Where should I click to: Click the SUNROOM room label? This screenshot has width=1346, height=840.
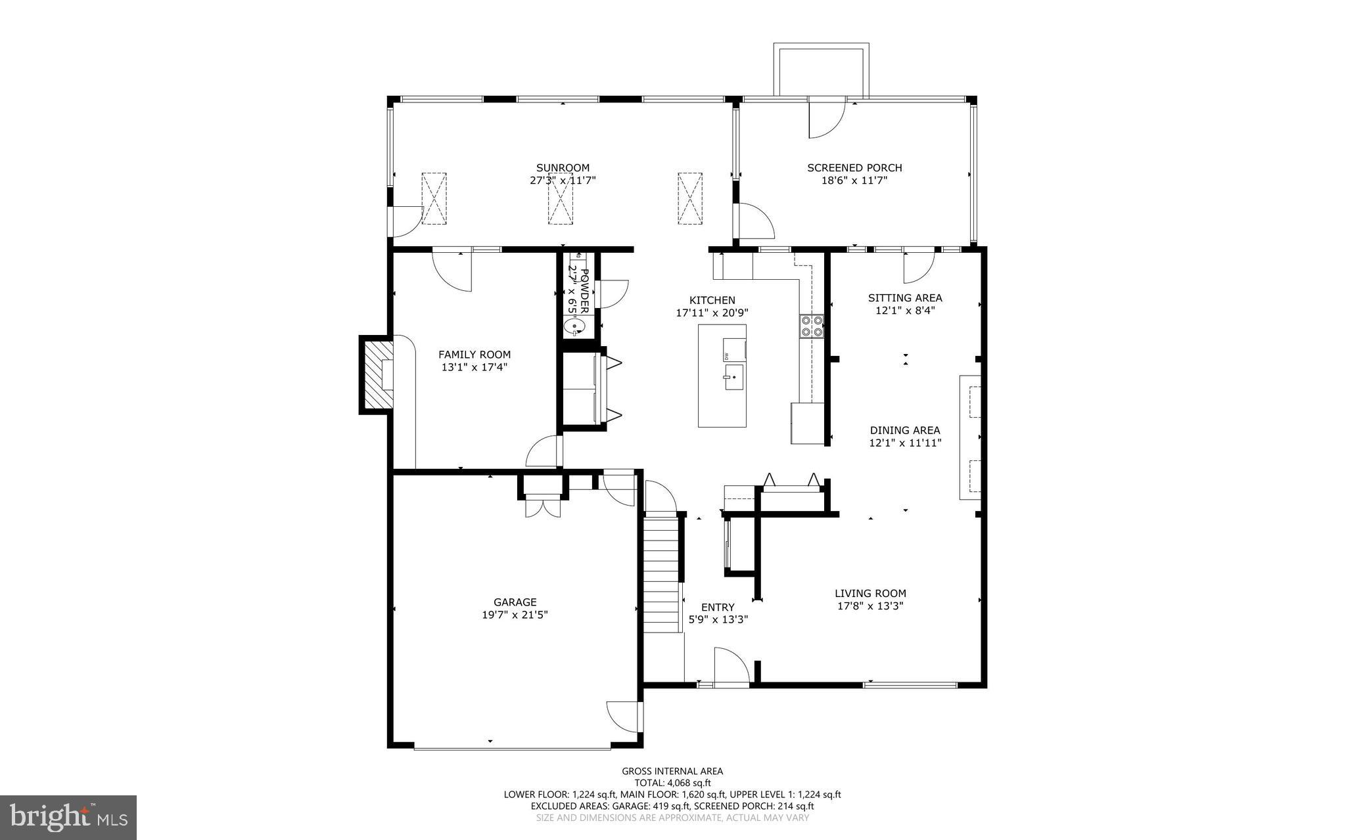click(563, 167)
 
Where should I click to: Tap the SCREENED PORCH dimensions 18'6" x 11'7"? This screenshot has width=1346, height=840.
click(854, 180)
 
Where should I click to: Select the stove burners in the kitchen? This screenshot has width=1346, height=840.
click(812, 326)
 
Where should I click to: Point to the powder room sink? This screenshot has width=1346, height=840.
click(576, 326)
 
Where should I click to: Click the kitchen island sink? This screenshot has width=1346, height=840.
click(734, 378)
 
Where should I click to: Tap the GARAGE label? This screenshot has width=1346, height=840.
click(515, 602)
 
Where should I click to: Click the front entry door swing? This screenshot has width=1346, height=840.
click(730, 667)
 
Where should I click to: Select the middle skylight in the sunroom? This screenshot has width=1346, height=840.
click(561, 198)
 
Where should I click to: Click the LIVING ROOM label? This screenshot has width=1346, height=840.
click(870, 593)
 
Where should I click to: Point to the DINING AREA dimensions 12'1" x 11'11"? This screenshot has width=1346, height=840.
click(905, 443)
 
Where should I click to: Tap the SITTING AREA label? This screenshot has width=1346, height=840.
click(905, 298)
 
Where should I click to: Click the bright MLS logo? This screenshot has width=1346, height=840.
click(68, 817)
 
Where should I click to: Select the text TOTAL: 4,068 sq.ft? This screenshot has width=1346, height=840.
click(672, 783)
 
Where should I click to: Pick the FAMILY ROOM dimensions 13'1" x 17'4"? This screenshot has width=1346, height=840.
click(475, 367)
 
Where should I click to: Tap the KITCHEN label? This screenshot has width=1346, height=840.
click(712, 300)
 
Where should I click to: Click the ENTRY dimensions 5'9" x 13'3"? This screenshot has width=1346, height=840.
click(718, 619)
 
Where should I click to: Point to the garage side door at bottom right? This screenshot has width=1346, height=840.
click(623, 717)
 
